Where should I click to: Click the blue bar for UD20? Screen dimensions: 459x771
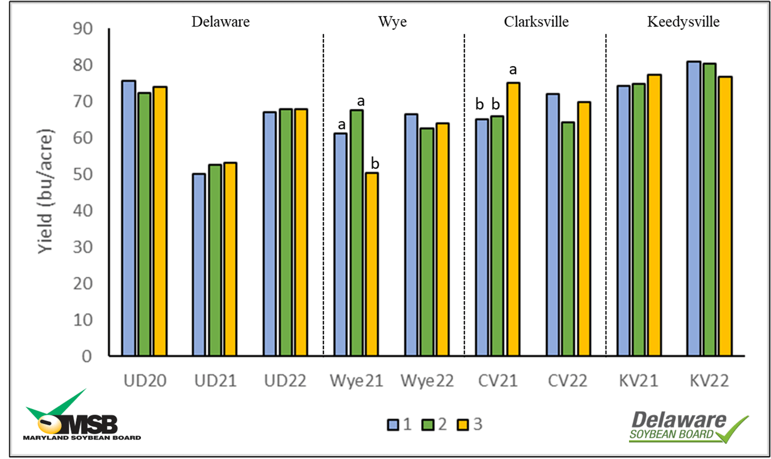(128, 218)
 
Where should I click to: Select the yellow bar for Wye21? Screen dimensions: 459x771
(372, 264)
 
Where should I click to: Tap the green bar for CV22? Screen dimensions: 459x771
(568, 238)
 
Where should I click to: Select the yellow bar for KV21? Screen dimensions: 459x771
(654, 215)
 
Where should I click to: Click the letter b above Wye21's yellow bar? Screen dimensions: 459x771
(375, 164)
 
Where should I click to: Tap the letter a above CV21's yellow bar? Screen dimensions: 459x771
(513, 70)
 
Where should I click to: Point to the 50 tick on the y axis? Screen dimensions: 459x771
(83, 174)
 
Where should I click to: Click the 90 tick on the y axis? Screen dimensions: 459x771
(83, 28)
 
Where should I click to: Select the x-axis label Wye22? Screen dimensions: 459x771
(427, 381)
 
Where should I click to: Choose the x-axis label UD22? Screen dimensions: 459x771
(285, 381)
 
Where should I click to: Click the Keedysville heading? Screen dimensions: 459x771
(683, 22)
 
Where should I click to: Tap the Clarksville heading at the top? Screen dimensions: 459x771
(536, 22)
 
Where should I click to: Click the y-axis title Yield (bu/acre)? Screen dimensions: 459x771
(46, 192)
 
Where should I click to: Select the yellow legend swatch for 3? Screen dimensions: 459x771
(463, 425)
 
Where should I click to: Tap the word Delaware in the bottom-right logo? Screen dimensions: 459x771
(679, 420)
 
